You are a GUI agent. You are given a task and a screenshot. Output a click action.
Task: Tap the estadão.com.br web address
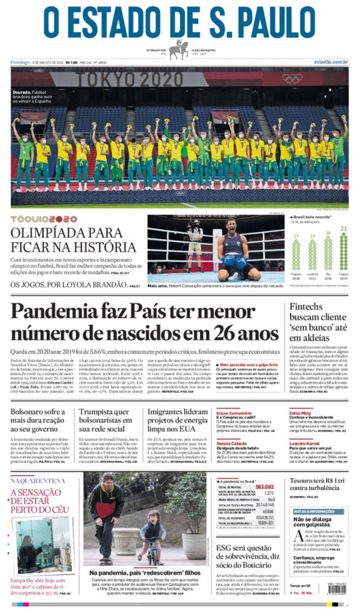click(x=331, y=62)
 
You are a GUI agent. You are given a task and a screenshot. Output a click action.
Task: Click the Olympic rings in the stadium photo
click(x=292, y=78)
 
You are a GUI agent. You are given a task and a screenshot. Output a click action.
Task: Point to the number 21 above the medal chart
click(x=343, y=229)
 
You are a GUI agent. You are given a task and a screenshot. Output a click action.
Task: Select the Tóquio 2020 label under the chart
click(x=343, y=276)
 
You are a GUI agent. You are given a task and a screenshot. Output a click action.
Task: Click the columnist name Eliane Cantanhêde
click(x=234, y=413)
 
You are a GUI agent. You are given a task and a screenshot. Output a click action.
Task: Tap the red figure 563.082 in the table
click(x=265, y=487)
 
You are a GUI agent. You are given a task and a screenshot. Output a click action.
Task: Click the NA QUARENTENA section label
click(x=38, y=481)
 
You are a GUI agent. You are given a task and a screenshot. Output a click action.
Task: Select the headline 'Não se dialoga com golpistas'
click(x=313, y=522)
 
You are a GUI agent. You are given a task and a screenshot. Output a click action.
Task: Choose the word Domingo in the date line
click(x=20, y=62)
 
